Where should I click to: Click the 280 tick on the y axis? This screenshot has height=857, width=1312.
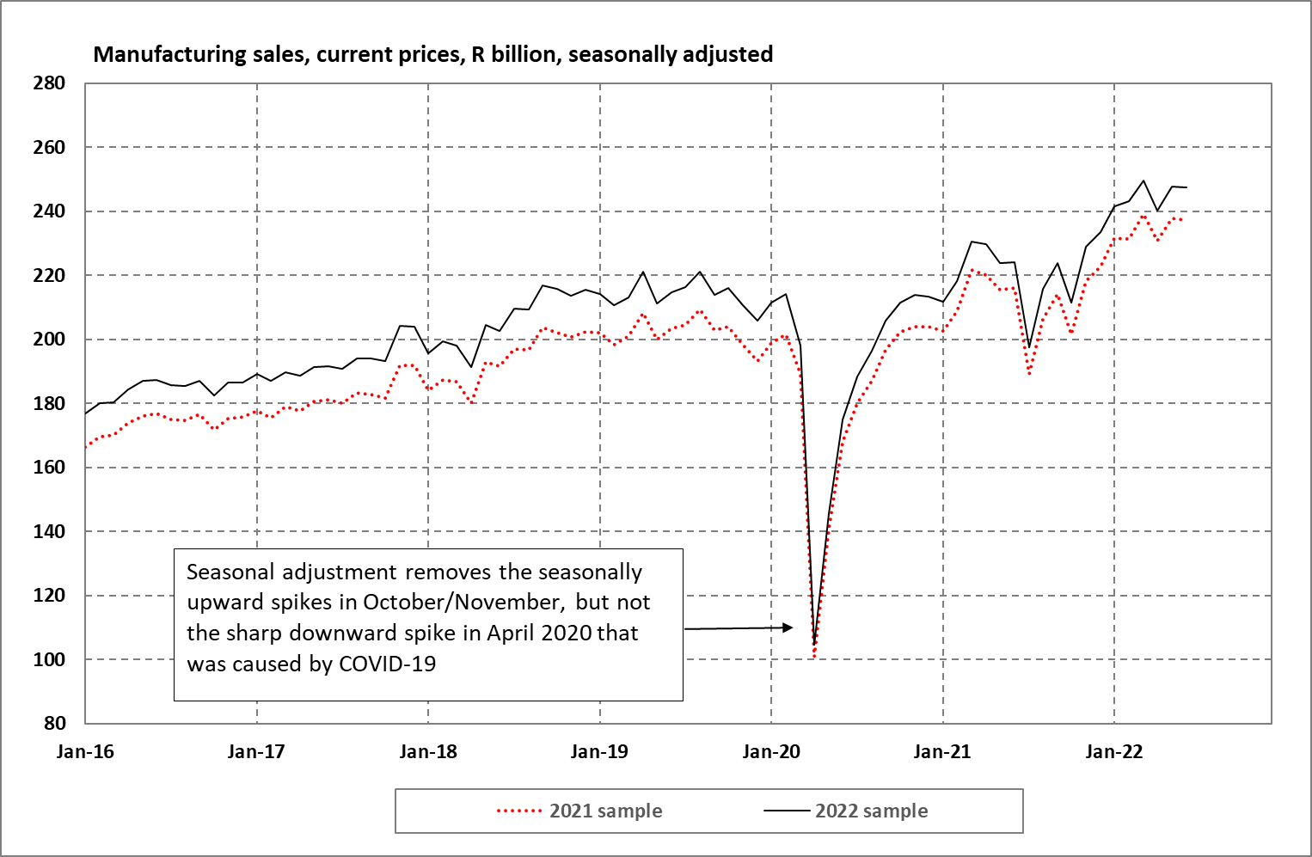pos(49,83)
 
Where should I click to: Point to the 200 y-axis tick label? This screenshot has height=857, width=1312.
pos(49,340)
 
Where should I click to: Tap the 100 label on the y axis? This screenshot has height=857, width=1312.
pos(49,659)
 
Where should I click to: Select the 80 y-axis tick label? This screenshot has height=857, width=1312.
pos(54,723)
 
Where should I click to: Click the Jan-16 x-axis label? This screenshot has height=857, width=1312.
pos(85,752)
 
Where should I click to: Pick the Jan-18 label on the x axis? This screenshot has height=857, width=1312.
pos(428,752)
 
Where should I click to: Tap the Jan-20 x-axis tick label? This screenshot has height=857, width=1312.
pos(771,752)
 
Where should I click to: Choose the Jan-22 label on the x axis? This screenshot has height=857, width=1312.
pos(1114,752)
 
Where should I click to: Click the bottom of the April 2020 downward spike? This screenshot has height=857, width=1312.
pos(814,646)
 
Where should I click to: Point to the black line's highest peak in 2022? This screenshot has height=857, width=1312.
pos(1143,181)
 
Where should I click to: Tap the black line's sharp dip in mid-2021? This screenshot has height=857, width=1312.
pos(1029,347)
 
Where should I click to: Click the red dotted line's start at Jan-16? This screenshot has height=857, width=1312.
pos(86,447)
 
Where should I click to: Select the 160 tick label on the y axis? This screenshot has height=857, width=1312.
pos(49,468)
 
